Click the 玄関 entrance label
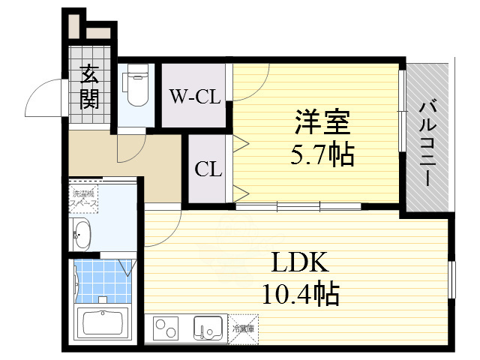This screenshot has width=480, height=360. pos(89,87)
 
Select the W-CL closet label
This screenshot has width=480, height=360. pos(195,97)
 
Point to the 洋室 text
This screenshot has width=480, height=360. pos(321,121)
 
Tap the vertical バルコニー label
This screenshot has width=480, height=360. pos(428,142)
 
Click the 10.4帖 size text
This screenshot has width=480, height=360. pos(300,293)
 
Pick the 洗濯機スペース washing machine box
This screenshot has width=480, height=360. pos(82,199)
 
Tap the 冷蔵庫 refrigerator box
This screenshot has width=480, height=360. pos(243,328)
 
